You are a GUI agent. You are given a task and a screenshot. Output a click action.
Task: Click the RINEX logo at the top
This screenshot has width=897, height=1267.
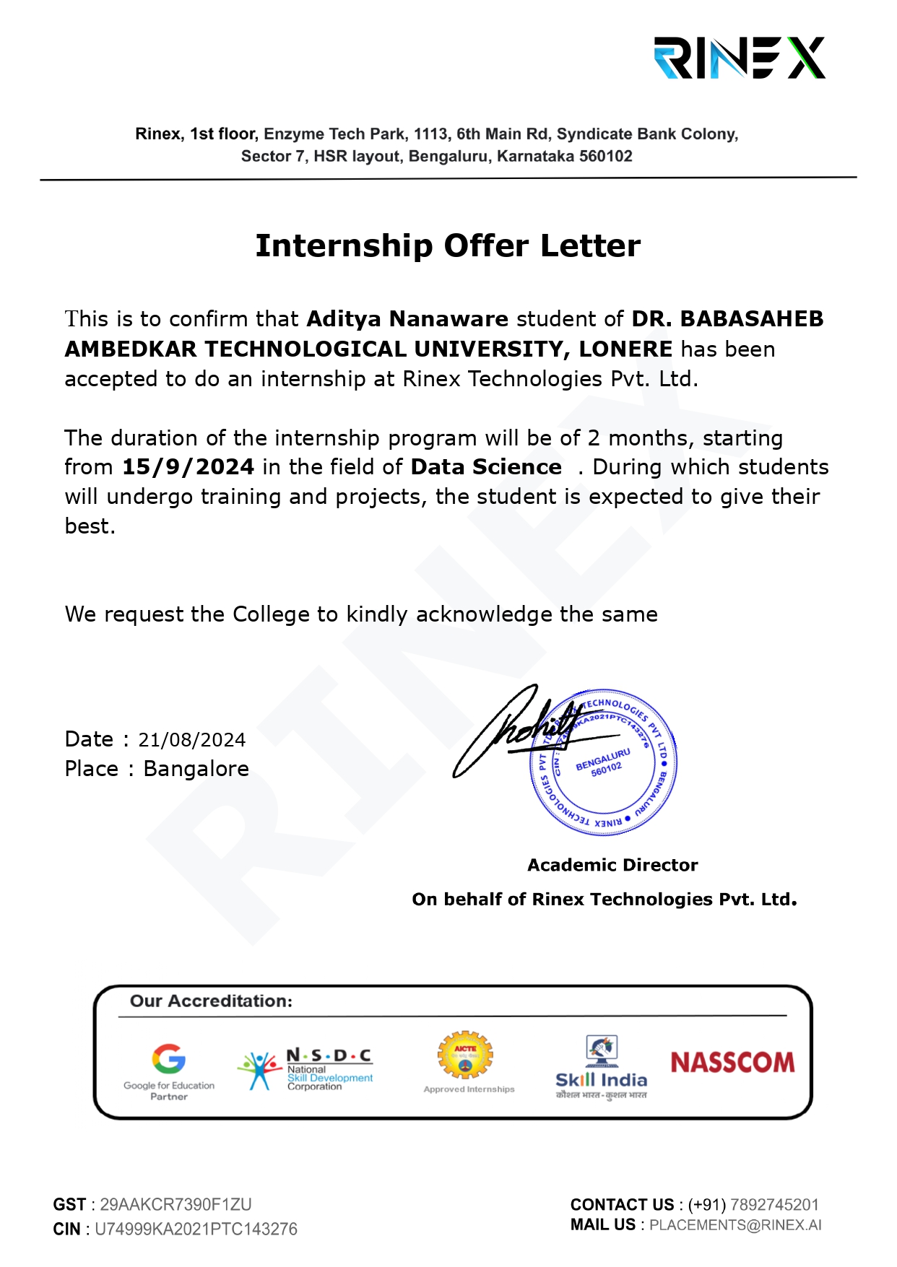[x=739, y=58]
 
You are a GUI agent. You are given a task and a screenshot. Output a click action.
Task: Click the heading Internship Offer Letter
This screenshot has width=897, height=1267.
[x=448, y=246]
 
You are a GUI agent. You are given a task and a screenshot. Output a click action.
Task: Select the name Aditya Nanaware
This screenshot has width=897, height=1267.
[x=407, y=319]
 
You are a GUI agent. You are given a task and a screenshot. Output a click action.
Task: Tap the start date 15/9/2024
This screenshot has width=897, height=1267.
[x=188, y=467]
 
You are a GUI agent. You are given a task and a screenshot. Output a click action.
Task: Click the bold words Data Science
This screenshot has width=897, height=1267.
[x=486, y=467]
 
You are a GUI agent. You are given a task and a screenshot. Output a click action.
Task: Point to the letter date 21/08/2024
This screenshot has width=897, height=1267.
[x=191, y=740]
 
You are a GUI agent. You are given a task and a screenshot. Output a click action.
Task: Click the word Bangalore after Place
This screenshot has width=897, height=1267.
[x=196, y=769]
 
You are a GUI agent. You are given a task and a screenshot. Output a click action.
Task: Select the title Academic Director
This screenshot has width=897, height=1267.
[x=612, y=865]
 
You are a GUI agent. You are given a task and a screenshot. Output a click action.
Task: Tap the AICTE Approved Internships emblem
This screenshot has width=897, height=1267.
[x=466, y=1061]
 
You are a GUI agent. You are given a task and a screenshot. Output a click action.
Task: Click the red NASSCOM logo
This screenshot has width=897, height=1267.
[x=732, y=1063]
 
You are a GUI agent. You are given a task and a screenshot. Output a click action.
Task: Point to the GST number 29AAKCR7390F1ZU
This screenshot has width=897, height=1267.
[x=175, y=1204]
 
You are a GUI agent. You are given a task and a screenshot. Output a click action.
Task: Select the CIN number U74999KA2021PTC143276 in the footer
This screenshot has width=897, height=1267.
[x=196, y=1229]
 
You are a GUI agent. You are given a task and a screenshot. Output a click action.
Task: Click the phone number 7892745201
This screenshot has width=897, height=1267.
[x=774, y=1204]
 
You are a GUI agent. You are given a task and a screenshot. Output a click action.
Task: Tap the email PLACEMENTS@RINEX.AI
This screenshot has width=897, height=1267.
[x=735, y=1225]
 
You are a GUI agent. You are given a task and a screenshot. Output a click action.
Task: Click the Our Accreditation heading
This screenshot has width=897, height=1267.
[x=211, y=1001]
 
